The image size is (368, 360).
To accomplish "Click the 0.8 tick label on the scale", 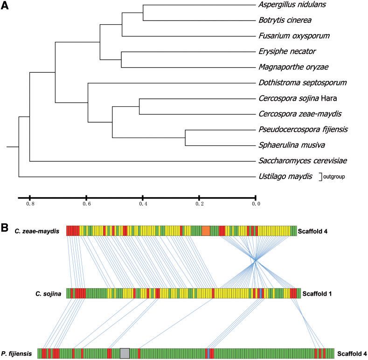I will click(30, 204).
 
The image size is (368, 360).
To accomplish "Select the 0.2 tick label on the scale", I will click(199, 204).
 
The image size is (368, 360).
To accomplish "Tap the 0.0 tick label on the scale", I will click(256, 204).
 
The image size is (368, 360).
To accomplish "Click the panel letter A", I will click(6, 7).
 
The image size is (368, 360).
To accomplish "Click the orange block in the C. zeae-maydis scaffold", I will click(206, 231).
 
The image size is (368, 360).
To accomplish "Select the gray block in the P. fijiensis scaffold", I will click(125, 353).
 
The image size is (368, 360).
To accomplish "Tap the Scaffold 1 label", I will click(319, 294).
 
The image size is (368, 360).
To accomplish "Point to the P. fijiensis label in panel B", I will click(20, 354).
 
